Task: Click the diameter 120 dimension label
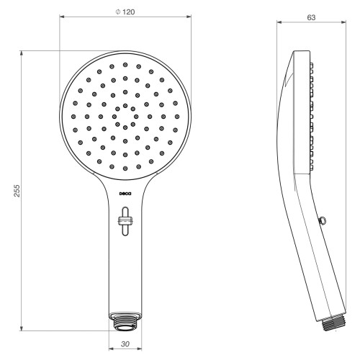(125, 12)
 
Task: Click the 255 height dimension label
(17, 191)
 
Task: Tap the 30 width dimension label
(125, 344)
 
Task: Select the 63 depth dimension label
(311, 17)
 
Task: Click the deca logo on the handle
(125, 194)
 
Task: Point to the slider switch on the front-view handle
(125, 221)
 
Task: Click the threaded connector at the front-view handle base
(125, 322)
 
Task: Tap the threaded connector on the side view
(333, 323)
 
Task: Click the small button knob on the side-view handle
(322, 220)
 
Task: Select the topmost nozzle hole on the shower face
(125, 65)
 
